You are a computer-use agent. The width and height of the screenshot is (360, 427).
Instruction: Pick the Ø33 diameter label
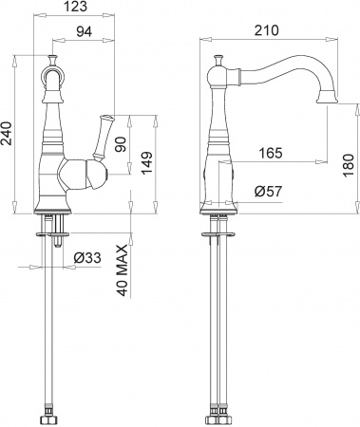[x=88, y=256]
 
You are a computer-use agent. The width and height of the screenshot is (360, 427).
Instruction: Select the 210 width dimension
[x=267, y=30]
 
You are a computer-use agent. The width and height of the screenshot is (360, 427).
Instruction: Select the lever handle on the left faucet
[x=100, y=135]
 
